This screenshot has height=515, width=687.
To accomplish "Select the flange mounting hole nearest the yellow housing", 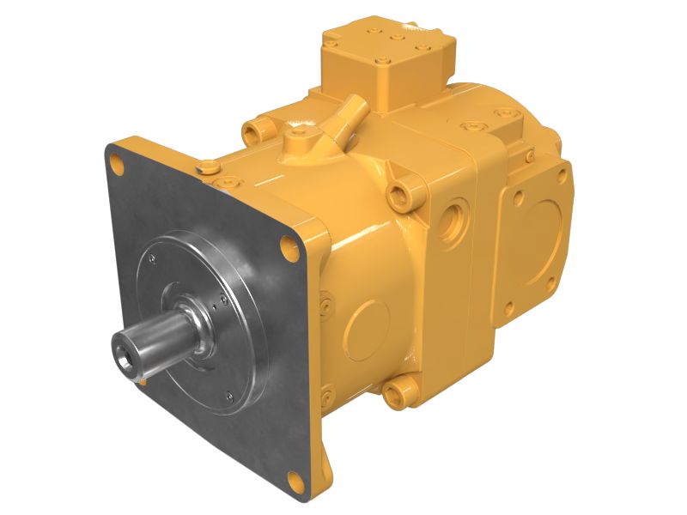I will [x=287, y=247].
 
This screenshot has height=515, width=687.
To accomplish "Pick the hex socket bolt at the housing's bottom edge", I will [x=397, y=394].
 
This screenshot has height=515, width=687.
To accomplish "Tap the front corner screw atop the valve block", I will [x=381, y=62].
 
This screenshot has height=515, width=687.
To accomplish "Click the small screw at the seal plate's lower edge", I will [x=228, y=396].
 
